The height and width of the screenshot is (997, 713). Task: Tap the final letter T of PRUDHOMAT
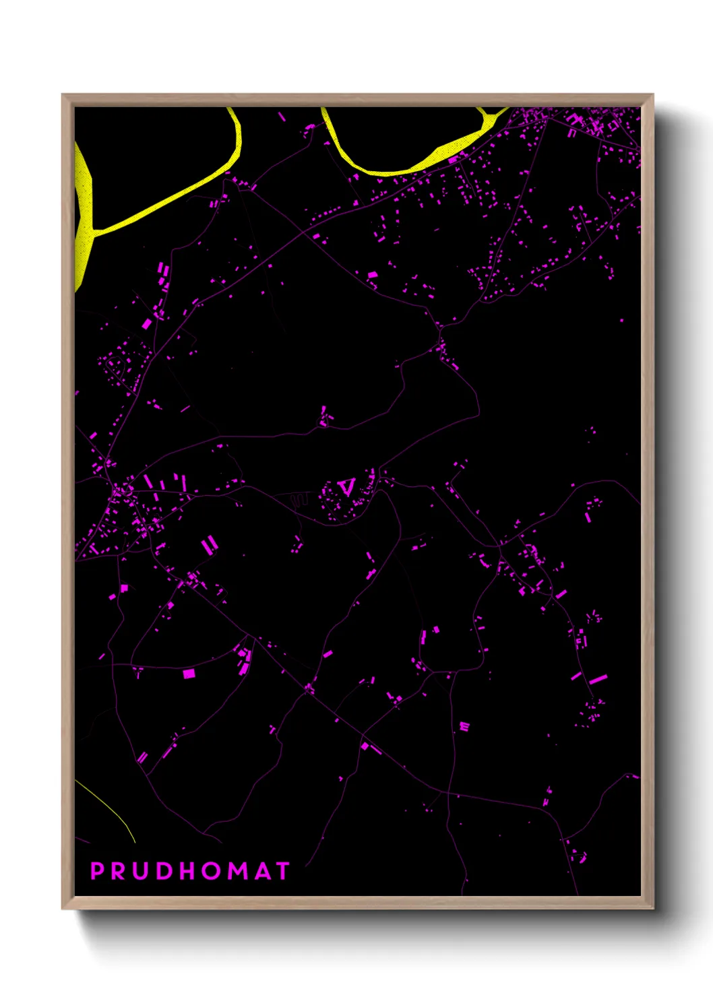click(282, 871)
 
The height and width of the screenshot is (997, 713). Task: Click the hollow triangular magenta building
click(346, 486)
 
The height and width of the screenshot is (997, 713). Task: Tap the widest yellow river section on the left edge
click(83, 202)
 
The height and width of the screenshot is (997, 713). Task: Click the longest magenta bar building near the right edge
click(598, 679)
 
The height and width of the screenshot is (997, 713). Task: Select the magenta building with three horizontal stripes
click(464, 726)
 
